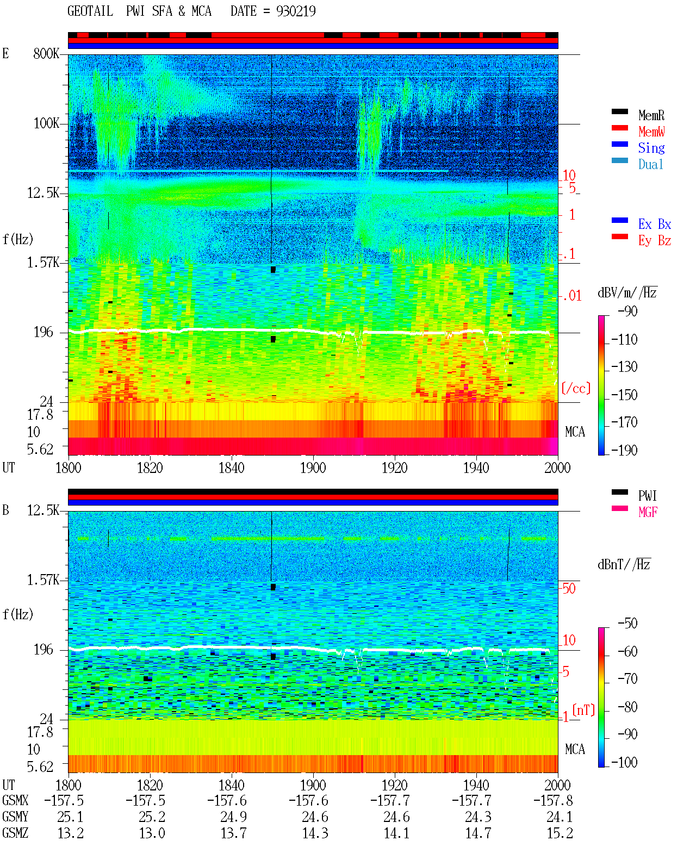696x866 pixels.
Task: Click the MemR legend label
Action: pyautogui.click(x=651, y=115)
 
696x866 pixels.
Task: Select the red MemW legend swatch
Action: pyautogui.click(x=619, y=128)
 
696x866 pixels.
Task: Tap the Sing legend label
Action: pyautogui.click(x=651, y=148)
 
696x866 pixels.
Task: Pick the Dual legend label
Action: pyautogui.click(x=650, y=164)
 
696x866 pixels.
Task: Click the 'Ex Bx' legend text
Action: pyautogui.click(x=655, y=224)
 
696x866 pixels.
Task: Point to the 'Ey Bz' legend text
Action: pyautogui.click(x=655, y=241)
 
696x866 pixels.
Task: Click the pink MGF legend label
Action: pyautogui.click(x=648, y=512)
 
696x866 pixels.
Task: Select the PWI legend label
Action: pyautogui.click(x=647, y=496)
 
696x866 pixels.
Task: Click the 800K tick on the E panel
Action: pyautogui.click(x=46, y=53)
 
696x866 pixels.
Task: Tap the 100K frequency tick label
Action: pyautogui.click(x=46, y=123)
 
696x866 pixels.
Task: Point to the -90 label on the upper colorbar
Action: pyautogui.click(x=627, y=311)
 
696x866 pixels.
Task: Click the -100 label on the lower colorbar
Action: pyautogui.click(x=624, y=762)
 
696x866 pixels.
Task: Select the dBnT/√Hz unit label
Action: pyautogui.click(x=624, y=564)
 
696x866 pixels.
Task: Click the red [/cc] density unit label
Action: pyautogui.click(x=576, y=388)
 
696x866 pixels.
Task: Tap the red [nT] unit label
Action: pyautogui.click(x=583, y=710)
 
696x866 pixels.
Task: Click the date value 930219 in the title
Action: pyautogui.click(x=296, y=11)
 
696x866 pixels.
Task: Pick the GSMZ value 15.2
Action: pyautogui.click(x=560, y=833)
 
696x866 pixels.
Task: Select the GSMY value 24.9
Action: pyautogui.click(x=233, y=817)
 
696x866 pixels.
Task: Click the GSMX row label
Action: pyautogui.click(x=15, y=800)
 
